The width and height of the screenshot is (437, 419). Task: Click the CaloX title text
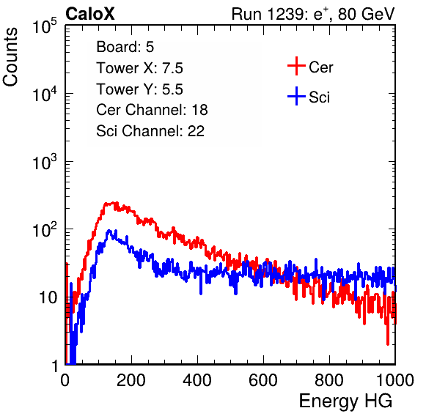[89, 14]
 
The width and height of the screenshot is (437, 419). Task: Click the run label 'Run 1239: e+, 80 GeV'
[313, 14]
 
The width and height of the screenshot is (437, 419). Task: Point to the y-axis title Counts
[10, 57]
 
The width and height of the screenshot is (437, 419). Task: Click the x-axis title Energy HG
[345, 401]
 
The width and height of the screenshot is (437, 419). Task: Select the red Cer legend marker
[296, 66]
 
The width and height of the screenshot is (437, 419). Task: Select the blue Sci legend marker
[296, 96]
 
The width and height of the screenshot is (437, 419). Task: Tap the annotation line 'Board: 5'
[125, 47]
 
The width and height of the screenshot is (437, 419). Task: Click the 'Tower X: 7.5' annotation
[139, 68]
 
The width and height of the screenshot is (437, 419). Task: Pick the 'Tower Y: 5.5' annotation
[139, 89]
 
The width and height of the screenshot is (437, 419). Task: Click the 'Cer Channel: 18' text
[152, 110]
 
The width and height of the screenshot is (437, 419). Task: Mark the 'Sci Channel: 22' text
[150, 131]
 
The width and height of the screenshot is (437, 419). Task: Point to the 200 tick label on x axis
[131, 380]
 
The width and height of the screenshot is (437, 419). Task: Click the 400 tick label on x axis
[197, 380]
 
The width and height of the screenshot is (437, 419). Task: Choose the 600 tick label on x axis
[263, 380]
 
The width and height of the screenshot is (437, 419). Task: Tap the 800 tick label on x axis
[329, 380]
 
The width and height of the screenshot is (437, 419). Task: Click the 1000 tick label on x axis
[395, 380]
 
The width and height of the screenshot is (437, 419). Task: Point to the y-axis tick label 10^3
[45, 161]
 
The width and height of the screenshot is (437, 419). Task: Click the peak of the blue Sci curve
[109, 231]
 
